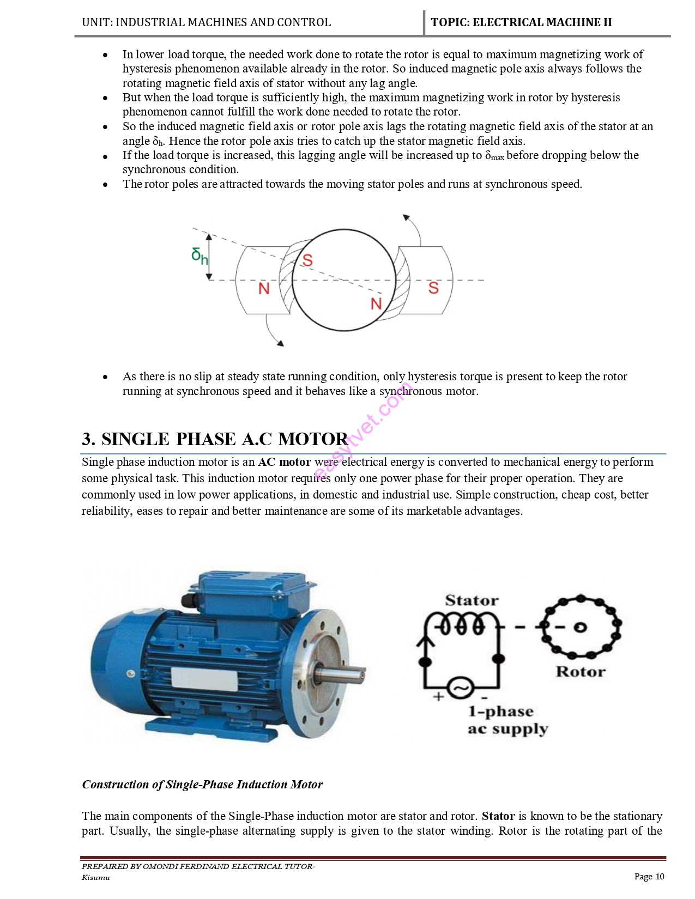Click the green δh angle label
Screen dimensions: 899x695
click(x=200, y=256)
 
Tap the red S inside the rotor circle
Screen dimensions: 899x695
click(x=307, y=260)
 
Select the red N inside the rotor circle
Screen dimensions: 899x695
click(x=376, y=303)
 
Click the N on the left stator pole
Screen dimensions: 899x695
click(x=264, y=288)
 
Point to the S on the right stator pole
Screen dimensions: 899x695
click(x=433, y=288)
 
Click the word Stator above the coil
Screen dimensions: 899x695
click(x=472, y=600)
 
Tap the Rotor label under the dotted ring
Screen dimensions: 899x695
click(x=581, y=672)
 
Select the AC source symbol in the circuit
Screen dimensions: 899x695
click(x=461, y=688)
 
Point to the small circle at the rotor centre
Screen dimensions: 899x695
click(x=580, y=628)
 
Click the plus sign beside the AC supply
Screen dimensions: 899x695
click(x=438, y=696)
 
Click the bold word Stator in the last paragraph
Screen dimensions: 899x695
click(x=498, y=816)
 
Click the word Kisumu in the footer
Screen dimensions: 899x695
click(x=96, y=877)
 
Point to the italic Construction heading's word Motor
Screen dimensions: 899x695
click(x=306, y=785)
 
